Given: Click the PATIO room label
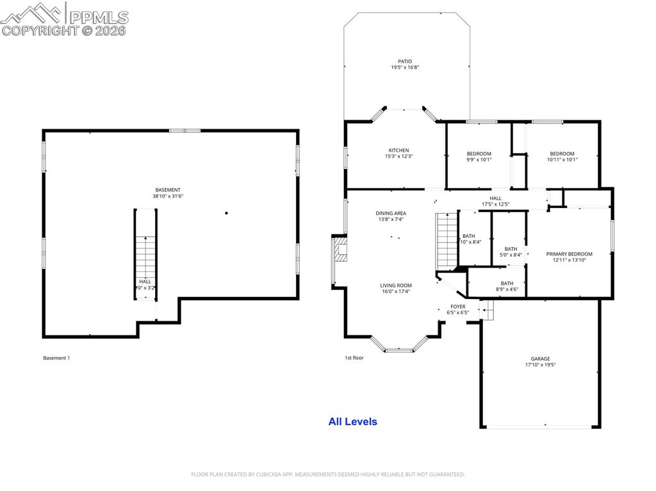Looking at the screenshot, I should [x=405, y=61].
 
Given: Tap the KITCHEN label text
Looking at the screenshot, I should [x=398, y=150].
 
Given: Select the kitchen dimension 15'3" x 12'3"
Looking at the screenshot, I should [x=398, y=157].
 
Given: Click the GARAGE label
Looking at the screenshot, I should [x=540, y=358].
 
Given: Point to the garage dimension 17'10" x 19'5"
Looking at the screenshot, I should [x=540, y=365].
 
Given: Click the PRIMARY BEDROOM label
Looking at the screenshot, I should [x=569, y=254].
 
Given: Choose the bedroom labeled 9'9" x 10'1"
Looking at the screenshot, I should [x=479, y=157].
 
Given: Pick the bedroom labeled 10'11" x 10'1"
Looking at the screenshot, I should [x=562, y=157].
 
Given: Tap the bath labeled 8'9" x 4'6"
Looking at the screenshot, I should [x=507, y=286].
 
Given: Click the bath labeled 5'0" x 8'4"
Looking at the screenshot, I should [x=511, y=252].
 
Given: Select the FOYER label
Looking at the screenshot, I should [x=457, y=307].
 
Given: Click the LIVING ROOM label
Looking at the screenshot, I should [x=396, y=286].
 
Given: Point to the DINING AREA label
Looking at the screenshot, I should [x=391, y=213].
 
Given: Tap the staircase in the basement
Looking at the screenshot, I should [x=146, y=256].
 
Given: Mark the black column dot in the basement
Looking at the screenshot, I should [x=226, y=213].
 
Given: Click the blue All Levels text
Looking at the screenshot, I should [x=352, y=421].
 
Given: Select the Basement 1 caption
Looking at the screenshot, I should [x=56, y=358].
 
